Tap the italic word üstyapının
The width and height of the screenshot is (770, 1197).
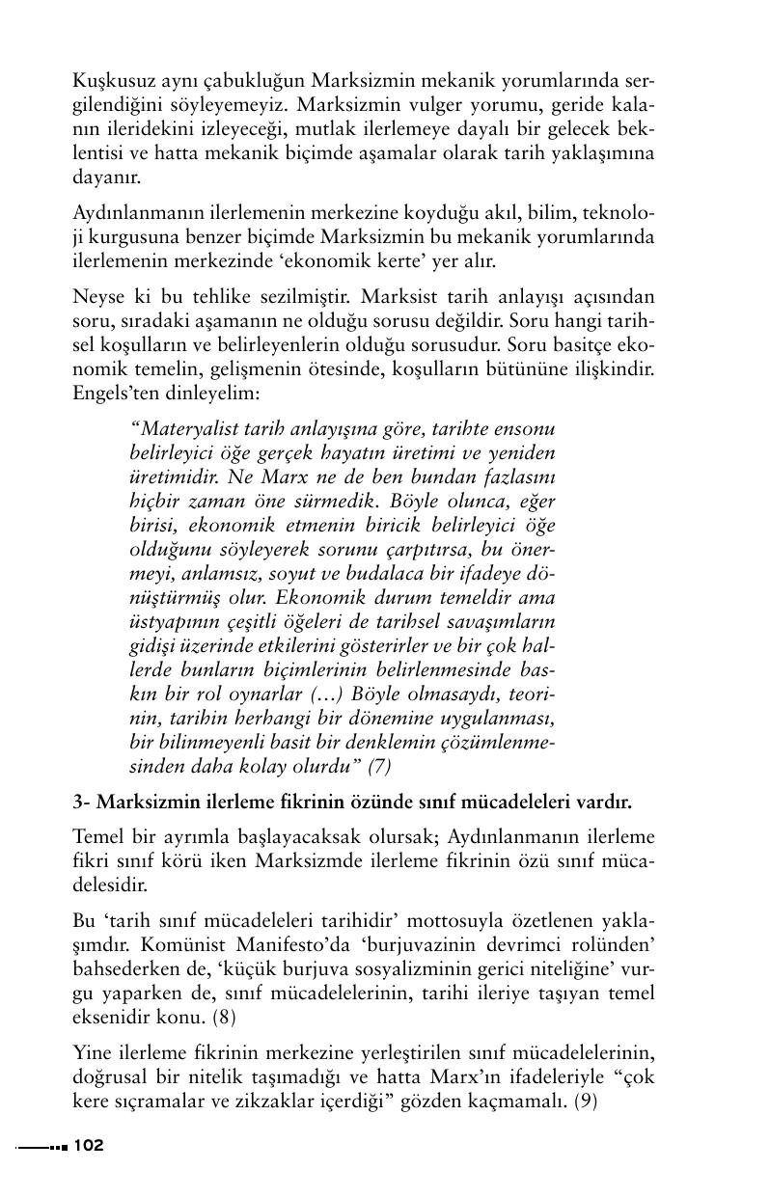[x=175, y=620]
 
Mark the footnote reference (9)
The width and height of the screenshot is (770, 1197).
[x=586, y=1101]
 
